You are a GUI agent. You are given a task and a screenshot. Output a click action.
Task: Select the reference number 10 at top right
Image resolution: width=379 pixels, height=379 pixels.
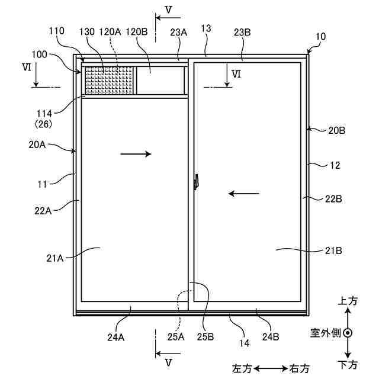pos(320,36)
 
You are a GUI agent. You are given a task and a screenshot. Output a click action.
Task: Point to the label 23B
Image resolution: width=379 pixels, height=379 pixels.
pos(242,33)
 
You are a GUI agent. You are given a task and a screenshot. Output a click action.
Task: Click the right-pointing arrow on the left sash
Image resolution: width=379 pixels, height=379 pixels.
pos(136,154)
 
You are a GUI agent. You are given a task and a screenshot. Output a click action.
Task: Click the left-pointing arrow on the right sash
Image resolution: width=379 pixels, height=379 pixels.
pos(244,193)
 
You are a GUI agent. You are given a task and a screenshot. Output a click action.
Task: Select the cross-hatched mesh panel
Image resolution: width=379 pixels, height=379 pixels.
pos(110,80)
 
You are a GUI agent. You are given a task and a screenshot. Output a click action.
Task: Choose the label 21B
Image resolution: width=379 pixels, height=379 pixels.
pos(333,250)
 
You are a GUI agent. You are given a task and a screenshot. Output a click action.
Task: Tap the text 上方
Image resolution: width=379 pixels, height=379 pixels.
pos(348,301)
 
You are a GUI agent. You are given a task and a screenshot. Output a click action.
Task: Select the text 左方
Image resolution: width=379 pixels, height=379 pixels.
pos(243,368)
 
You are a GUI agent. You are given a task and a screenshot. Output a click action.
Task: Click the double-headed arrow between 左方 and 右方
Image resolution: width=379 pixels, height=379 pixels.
pos(271,368)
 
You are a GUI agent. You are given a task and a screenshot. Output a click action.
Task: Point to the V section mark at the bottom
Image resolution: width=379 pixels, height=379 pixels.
pos(169,361)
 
